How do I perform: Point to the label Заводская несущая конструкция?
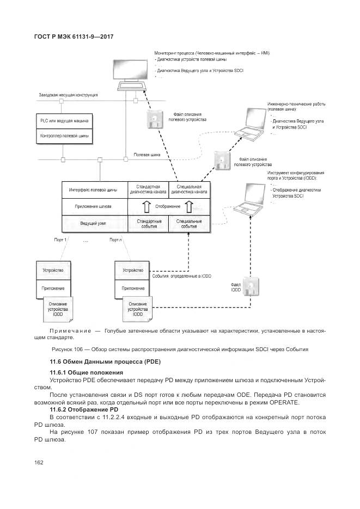68,95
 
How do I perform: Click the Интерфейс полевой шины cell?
93,190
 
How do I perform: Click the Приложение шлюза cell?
93,207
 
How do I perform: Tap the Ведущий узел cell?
93,223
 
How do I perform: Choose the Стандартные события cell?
148,223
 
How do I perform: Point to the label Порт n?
115,240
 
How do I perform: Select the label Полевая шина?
147,155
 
